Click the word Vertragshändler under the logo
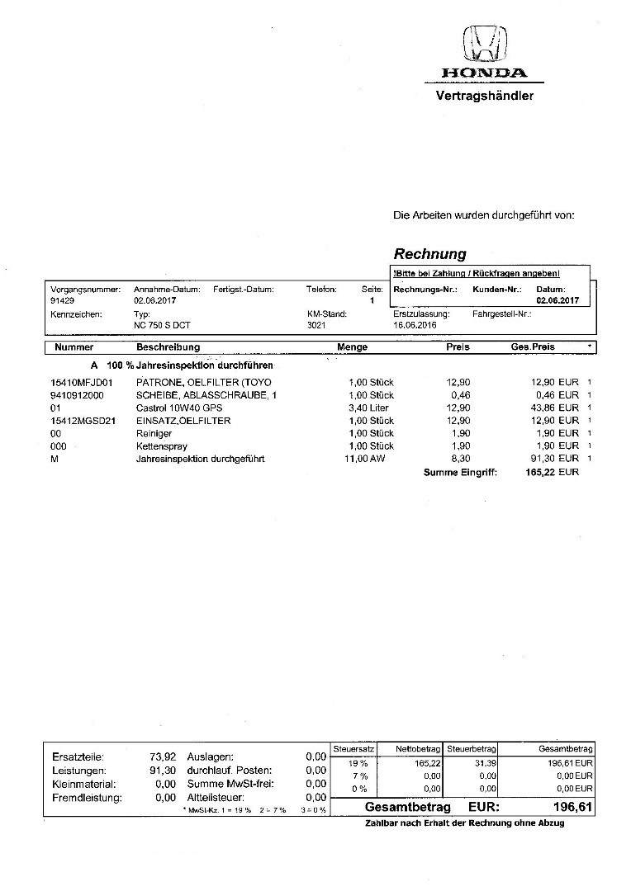coord(484,96)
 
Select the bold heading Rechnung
coord(429,254)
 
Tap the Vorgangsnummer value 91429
coord(63,301)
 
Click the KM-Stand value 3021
coord(316,327)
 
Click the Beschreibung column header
coord(168,347)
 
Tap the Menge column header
coord(352,347)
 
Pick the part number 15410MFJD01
coord(81,383)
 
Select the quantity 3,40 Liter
coord(372,408)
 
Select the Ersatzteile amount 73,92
coord(162,756)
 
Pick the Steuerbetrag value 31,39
coord(482,763)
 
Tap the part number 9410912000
coord(77,395)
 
